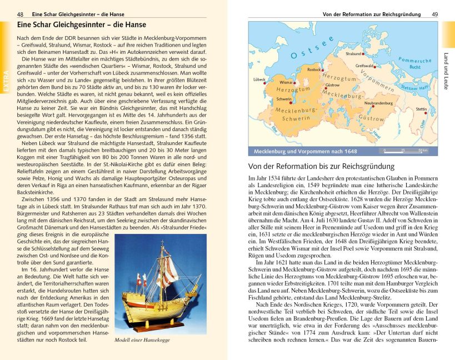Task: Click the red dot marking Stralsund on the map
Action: point(363,54)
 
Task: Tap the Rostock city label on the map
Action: point(314,70)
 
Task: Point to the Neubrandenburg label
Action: point(378,103)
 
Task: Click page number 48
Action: point(21,13)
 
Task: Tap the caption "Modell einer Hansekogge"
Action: point(142,340)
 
